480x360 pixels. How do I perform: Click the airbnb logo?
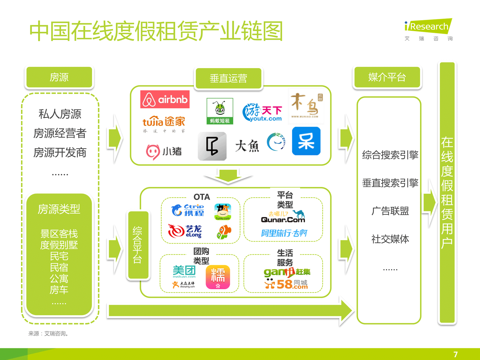tap(165, 99)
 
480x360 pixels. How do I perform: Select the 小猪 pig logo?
tap(164, 151)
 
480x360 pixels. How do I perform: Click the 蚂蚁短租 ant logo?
tap(220, 111)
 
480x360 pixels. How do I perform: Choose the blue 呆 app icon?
tap(306, 141)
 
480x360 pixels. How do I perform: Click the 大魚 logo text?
tap(247, 146)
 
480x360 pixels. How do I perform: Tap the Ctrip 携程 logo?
tap(188, 210)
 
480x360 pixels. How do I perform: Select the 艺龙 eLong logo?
tap(185, 231)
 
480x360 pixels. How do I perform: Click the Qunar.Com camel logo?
tap(283, 217)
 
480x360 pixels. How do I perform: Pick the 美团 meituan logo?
tap(184, 271)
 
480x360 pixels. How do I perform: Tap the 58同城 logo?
tap(286, 284)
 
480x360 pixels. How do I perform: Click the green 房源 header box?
tap(59, 77)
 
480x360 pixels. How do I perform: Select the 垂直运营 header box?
tap(228, 78)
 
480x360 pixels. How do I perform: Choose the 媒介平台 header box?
tap(387, 77)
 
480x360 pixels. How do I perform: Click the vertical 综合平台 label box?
tap(138, 245)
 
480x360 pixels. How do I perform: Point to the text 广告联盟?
tap(390, 211)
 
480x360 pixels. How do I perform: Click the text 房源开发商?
tap(60, 152)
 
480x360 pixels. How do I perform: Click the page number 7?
tap(455, 354)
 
